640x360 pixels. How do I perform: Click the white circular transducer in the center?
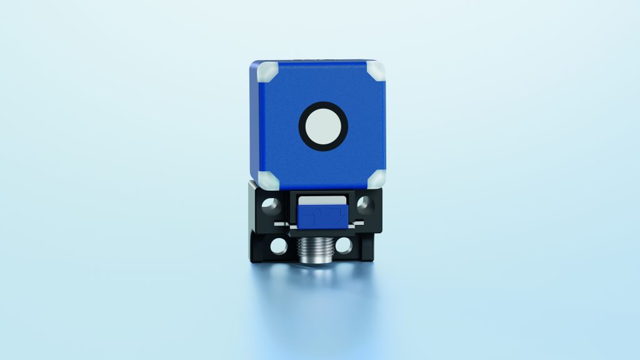(323, 125)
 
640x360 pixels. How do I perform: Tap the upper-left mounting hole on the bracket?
(271, 204)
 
